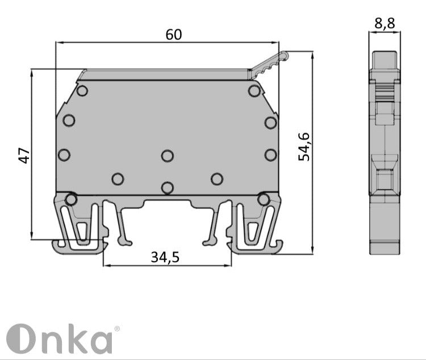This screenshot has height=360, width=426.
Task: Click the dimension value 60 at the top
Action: [174, 34]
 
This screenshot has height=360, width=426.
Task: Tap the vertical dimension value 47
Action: [23, 155]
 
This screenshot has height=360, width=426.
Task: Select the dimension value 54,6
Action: [304, 146]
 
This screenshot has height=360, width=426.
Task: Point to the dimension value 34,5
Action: [165, 257]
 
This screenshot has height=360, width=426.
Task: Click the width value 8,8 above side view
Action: [385, 23]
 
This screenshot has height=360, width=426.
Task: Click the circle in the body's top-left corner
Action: [82, 91]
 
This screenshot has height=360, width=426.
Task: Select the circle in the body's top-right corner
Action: [253, 91]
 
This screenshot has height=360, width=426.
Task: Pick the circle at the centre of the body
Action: [167, 155]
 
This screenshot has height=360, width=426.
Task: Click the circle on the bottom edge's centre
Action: [167, 187]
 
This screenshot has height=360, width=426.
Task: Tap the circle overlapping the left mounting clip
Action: [71, 199]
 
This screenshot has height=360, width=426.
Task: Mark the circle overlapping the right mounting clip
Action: [263, 199]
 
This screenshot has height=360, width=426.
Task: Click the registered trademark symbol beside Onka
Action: [117, 329]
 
